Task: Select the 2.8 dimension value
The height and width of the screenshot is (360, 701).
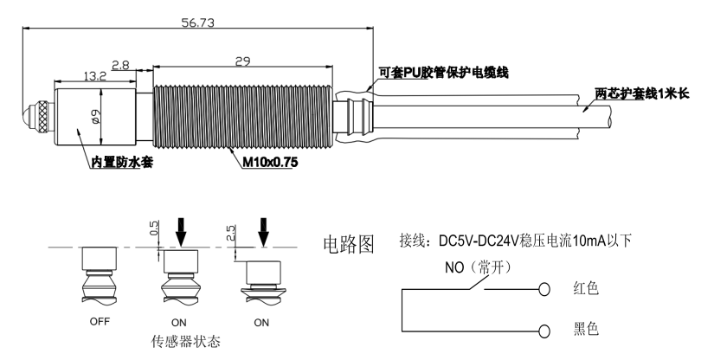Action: click(x=121, y=64)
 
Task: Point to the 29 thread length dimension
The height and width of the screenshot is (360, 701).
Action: click(x=242, y=61)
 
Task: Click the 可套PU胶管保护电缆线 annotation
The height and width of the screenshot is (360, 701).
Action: click(x=443, y=74)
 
